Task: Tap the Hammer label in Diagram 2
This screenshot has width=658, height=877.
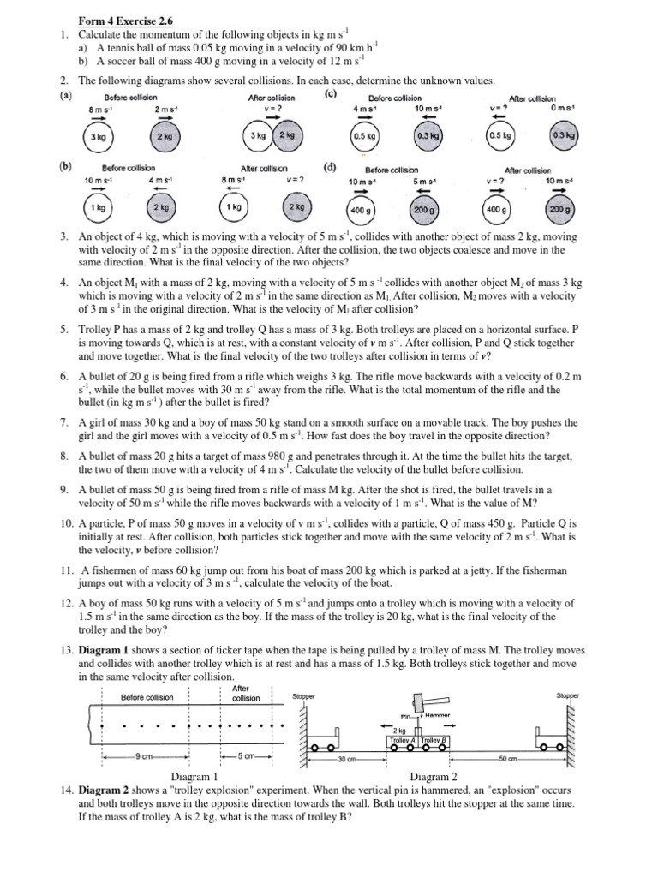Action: point(437,715)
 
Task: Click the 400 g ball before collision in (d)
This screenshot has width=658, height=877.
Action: point(357,208)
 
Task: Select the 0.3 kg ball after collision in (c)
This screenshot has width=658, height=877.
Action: point(563,135)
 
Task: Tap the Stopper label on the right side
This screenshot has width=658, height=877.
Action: point(567,695)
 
